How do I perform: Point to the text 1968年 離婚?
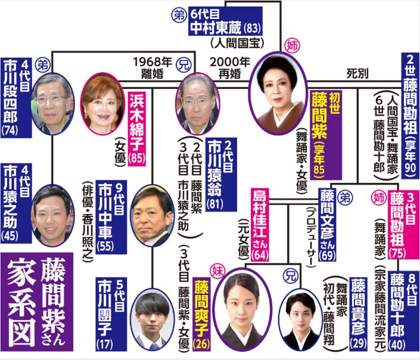point(150,66)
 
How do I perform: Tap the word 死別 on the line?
point(357,73)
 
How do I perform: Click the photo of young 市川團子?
point(152,319)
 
